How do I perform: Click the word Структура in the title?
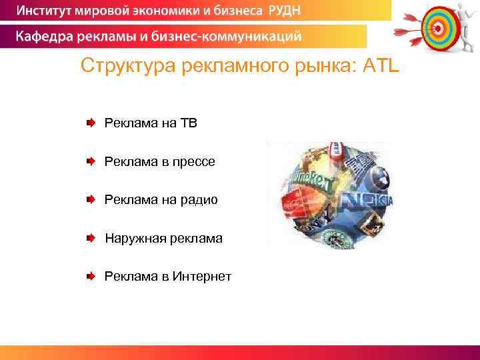pos(123,67)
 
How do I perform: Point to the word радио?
pos(199,200)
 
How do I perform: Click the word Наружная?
pos(131,238)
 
